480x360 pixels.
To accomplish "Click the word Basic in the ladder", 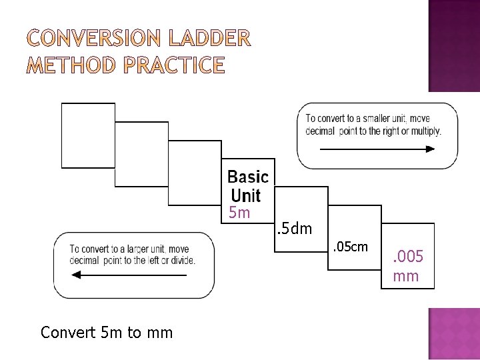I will (248, 177).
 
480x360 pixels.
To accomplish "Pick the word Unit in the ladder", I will (245, 196).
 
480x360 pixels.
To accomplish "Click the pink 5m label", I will (239, 213).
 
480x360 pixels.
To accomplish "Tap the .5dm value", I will (293, 229).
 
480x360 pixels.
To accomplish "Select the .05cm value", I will (350, 247).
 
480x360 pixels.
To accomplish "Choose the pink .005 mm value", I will (407, 265).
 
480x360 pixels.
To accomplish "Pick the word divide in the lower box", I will (182, 260).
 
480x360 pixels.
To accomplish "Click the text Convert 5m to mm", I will (107, 332).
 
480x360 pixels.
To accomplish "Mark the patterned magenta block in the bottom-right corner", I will (453, 333).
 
